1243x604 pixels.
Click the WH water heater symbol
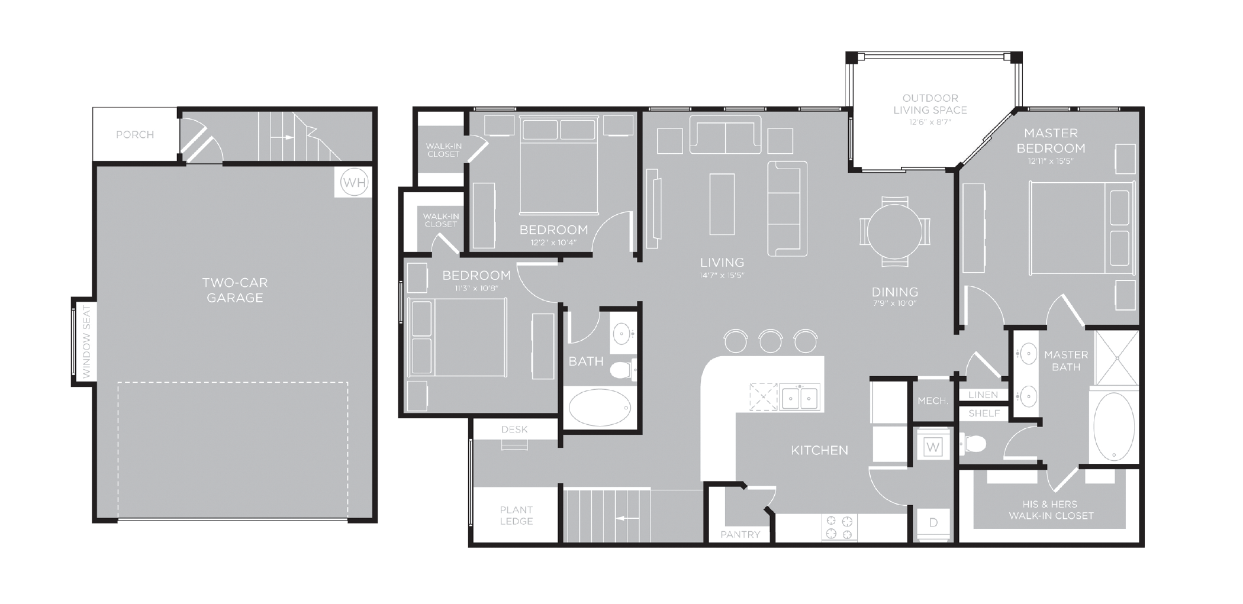point(354,182)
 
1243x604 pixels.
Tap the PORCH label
point(135,135)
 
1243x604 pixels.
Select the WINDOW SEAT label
point(86,341)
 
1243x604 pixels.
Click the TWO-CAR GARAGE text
point(235,290)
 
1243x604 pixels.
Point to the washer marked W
point(933,447)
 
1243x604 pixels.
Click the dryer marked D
point(933,522)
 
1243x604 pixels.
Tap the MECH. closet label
point(933,401)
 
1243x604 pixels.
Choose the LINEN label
point(983,395)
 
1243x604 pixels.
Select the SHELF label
point(984,414)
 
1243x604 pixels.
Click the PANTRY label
point(740,534)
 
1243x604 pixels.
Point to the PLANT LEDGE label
point(516,515)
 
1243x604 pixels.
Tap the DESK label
point(514,429)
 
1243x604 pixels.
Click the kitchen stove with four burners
point(839,527)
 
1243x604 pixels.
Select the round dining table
point(894,231)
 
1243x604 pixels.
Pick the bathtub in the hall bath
point(600,407)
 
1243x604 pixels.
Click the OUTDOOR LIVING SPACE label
point(930,104)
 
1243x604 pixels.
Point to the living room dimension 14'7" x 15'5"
point(722,275)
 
